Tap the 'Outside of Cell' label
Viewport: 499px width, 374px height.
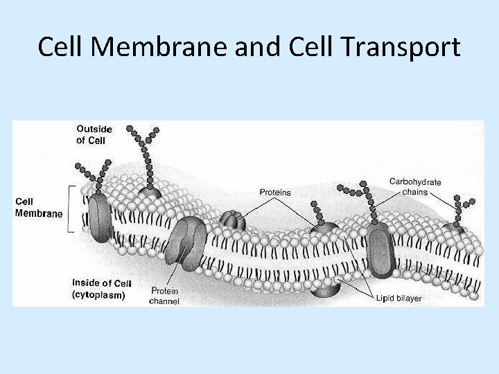tap(94, 134)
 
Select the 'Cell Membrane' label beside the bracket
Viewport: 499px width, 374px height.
tap(38, 208)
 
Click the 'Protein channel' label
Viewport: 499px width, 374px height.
tap(165, 296)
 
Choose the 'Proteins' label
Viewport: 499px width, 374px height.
tap(275, 192)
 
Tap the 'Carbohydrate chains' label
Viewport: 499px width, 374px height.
tap(415, 186)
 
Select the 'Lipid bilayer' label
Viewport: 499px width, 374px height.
tap(399, 298)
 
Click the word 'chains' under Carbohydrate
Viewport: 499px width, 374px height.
tap(415, 191)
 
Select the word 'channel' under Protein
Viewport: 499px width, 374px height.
tap(165, 301)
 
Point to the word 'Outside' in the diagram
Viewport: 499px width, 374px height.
tap(94, 129)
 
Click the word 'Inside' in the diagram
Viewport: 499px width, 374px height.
tap(86, 283)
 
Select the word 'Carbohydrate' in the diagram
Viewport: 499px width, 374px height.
tap(415, 181)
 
